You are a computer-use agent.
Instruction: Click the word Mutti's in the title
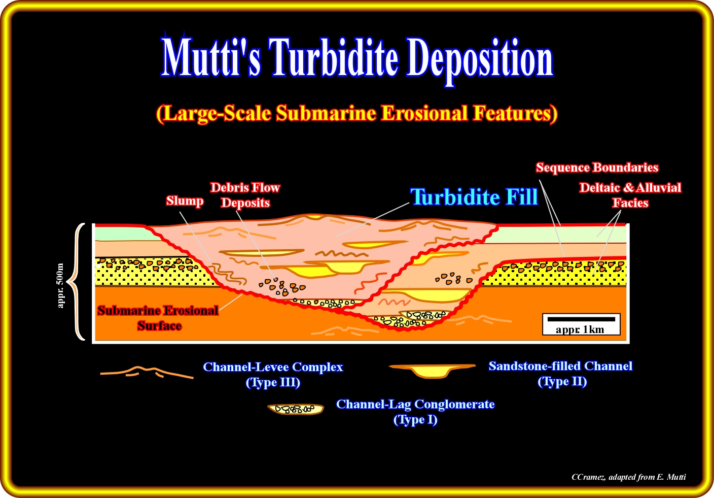point(211,57)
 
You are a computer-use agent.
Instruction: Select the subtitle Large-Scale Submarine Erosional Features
point(357,113)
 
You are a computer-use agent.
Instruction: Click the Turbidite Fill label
point(474,197)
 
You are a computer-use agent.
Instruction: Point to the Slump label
point(185,201)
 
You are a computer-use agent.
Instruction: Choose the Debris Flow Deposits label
point(245,195)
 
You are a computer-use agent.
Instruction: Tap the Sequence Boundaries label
point(597,168)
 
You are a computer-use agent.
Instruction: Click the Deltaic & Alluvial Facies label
point(630,195)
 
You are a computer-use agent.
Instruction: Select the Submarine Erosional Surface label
point(158,318)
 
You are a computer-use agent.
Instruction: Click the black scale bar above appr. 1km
point(581,319)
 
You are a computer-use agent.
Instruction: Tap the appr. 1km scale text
point(580,329)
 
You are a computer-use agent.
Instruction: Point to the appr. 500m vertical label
point(61,285)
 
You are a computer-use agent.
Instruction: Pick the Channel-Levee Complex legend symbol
point(147,372)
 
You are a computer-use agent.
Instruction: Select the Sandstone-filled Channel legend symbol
point(432,370)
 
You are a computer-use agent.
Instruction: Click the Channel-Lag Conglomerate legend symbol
point(296,409)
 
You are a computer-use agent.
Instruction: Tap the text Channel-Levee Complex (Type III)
point(273,374)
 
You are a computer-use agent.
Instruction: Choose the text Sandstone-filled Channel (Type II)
point(561,374)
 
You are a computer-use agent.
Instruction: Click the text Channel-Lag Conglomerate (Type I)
point(415,412)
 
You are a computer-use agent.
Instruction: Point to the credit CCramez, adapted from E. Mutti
point(628,477)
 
